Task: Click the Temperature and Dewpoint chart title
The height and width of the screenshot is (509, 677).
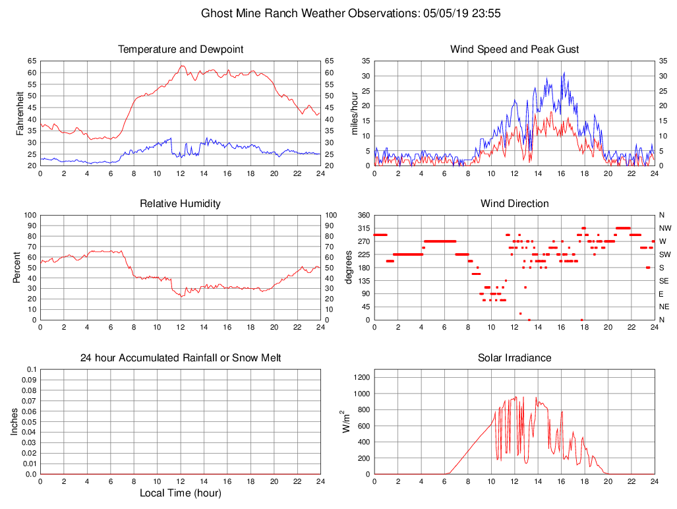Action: (x=180, y=49)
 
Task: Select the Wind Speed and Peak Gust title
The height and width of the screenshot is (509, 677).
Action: (x=514, y=49)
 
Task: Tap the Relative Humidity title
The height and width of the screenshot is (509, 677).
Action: (x=180, y=204)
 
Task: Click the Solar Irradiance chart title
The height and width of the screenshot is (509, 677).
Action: (x=514, y=358)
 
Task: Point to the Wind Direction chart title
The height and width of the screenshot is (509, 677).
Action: (x=514, y=204)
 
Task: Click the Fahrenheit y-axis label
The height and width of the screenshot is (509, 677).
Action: (x=20, y=113)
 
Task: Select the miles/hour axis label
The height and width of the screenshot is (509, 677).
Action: (x=355, y=113)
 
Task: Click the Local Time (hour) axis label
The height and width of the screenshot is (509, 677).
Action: (x=180, y=493)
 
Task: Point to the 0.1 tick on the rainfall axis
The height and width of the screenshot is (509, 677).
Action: (x=31, y=369)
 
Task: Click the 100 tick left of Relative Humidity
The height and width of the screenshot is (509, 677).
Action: (x=28, y=215)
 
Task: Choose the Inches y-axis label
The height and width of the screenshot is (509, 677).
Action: (x=15, y=421)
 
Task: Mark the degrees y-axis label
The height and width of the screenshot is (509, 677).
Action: (x=349, y=267)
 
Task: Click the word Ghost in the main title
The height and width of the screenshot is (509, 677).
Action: (x=216, y=13)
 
